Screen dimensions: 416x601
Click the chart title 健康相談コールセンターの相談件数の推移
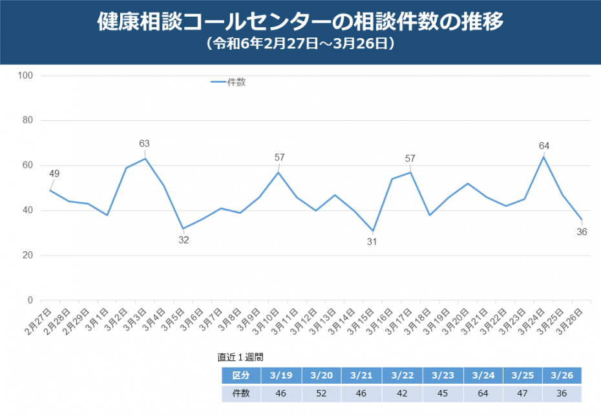click(300, 22)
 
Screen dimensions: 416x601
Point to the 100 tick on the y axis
click(26, 76)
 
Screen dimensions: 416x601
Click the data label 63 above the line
click(144, 143)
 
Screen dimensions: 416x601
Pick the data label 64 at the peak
click(544, 146)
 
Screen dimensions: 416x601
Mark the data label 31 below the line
click(372, 242)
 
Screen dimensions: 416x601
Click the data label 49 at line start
click(54, 173)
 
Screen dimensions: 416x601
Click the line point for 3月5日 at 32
click(184, 229)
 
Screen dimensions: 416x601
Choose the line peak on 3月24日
click(544, 156)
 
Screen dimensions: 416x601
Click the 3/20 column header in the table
click(321, 375)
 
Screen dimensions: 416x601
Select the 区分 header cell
click(241, 375)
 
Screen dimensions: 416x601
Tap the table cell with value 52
click(321, 393)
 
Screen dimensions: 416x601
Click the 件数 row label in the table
click(241, 393)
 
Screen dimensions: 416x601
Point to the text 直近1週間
click(240, 357)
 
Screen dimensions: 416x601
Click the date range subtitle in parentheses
click(300, 45)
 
